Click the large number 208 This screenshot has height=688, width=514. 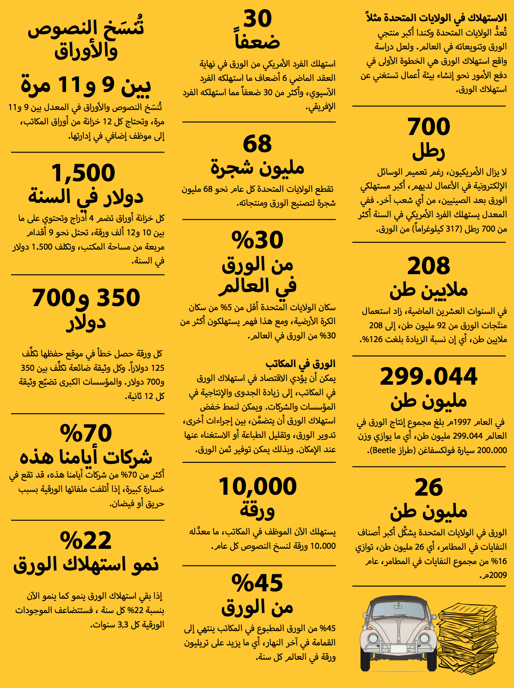428,266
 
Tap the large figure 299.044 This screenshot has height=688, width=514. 428,377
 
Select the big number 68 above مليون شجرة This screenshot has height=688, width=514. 257,144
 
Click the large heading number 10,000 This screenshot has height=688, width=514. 257,487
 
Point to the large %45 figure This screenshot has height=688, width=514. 257,584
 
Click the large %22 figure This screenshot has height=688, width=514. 86,541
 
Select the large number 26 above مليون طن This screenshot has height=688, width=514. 428,488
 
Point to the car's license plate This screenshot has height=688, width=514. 398,648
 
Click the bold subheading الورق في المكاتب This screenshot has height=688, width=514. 300,364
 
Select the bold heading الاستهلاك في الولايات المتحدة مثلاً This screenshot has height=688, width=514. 436,18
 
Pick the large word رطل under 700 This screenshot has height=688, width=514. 428,151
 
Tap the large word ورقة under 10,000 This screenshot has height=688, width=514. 257,510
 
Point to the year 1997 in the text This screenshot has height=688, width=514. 462,422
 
